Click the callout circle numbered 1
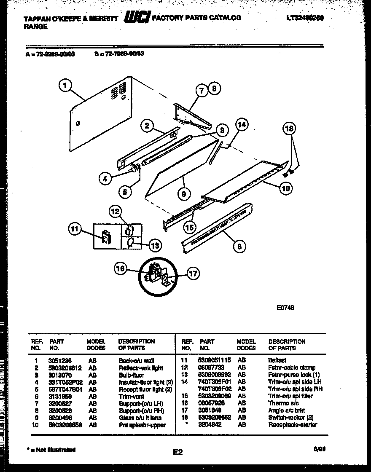(65, 86)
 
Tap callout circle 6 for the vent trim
(239, 246)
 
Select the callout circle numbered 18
(290, 129)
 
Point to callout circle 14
(242, 125)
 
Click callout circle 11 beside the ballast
(74, 229)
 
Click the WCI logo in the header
(137, 17)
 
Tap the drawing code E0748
(285, 308)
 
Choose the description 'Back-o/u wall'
(136, 361)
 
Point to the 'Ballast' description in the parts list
(277, 361)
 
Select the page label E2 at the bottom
(177, 452)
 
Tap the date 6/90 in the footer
(319, 449)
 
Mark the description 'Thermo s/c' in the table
(284, 403)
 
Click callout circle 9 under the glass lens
(184, 194)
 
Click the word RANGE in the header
(35, 26)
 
